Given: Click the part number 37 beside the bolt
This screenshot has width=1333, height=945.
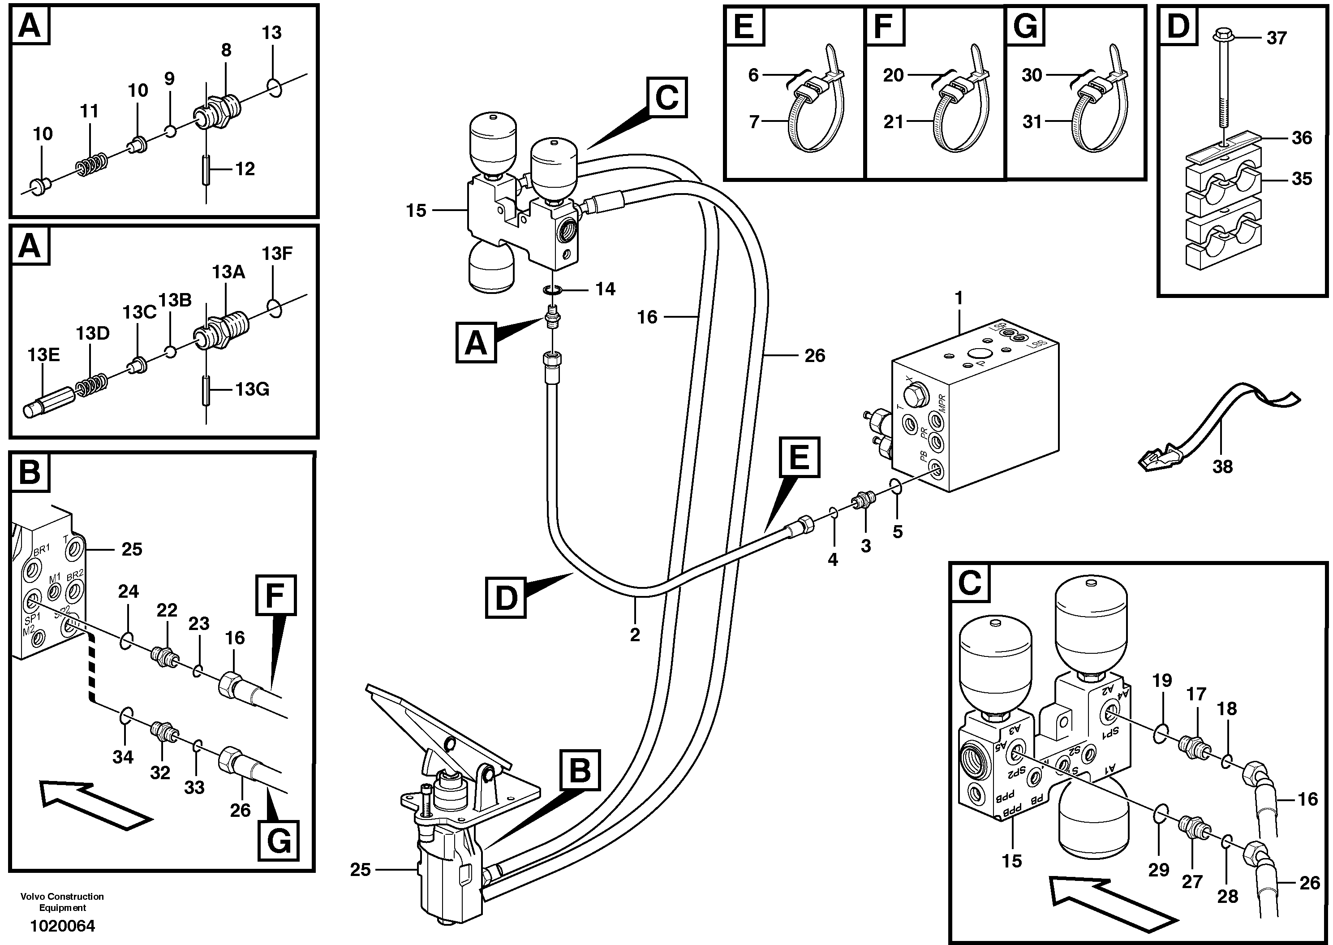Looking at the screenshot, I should (1277, 39).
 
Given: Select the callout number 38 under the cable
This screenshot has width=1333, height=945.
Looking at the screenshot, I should (1222, 467).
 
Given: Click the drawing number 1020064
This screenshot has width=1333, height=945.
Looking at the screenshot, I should (62, 926).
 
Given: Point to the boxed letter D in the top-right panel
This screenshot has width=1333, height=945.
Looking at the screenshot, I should (1178, 26).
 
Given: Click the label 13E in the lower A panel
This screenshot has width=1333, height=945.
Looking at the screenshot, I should (43, 355).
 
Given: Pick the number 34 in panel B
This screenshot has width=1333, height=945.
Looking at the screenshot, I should (123, 757).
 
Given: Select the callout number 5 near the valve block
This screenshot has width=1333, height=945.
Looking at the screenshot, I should (897, 531).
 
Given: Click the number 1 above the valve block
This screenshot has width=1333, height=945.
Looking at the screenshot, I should (959, 298).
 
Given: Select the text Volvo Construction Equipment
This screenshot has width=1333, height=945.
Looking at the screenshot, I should (62, 902).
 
